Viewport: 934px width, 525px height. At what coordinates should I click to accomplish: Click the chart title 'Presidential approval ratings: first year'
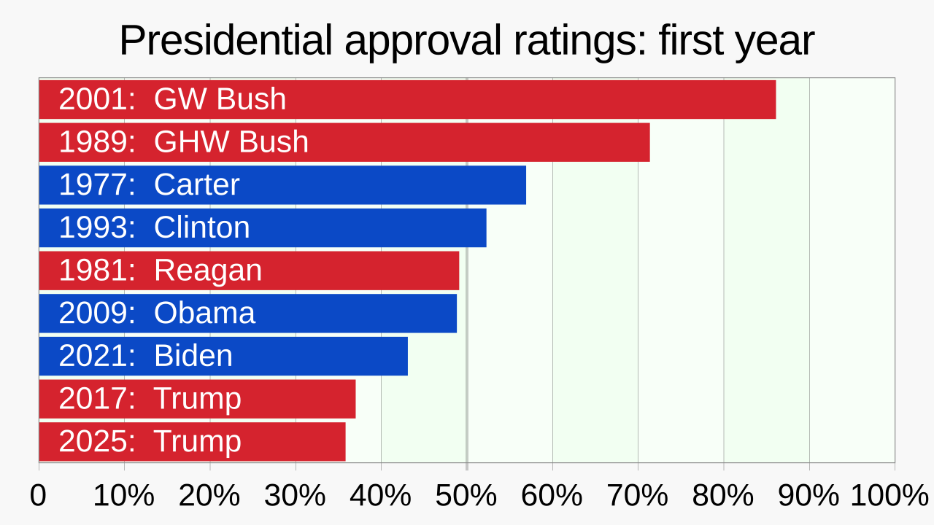[466, 41]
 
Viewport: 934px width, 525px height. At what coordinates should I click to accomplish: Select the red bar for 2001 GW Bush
[407, 100]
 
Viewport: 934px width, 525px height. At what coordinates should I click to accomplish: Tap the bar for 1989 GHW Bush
[344, 142]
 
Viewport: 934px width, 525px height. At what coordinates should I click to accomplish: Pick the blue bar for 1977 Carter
[282, 185]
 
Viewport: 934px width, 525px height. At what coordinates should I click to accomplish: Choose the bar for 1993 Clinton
[263, 228]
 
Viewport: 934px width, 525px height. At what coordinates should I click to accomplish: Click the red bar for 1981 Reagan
[249, 271]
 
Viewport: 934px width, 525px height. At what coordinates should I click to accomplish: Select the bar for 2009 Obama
[247, 314]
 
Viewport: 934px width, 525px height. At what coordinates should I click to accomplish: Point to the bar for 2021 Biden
[223, 357]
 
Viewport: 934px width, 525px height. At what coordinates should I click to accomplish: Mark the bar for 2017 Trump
[197, 399]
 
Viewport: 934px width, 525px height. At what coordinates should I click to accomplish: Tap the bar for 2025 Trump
[192, 442]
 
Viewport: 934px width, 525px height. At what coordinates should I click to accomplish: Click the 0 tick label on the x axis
[38, 496]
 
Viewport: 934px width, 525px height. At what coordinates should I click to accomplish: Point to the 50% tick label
[466, 496]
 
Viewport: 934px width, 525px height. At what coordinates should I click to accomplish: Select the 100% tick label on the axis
[889, 496]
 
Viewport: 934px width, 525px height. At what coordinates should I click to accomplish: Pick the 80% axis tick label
[723, 496]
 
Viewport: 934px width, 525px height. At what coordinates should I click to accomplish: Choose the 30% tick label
[295, 496]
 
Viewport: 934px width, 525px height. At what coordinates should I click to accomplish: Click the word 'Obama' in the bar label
[204, 313]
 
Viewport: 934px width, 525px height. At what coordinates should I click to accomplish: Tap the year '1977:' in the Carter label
[97, 184]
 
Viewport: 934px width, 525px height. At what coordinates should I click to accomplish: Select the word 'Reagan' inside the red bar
[208, 271]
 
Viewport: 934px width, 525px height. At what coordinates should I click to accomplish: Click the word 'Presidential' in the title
[225, 39]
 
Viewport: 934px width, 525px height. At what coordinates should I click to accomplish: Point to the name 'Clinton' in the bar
[202, 227]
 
